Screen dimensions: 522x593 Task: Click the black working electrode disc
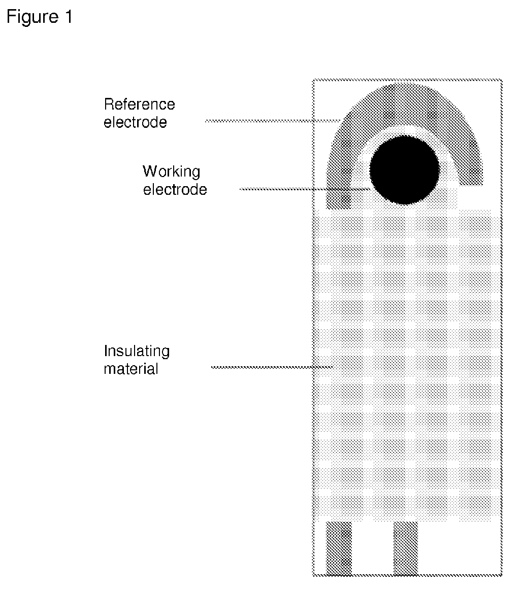(x=404, y=169)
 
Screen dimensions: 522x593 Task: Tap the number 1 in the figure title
(x=69, y=18)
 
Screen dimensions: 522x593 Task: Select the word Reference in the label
(x=139, y=104)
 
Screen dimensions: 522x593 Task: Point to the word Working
(x=171, y=171)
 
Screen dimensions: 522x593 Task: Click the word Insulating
(x=137, y=351)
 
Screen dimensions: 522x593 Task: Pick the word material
(x=131, y=369)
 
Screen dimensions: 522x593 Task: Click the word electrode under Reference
(x=135, y=122)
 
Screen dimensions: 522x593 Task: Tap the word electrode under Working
(x=175, y=190)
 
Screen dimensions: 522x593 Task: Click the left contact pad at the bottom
(x=338, y=548)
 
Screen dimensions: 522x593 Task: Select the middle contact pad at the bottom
(x=406, y=548)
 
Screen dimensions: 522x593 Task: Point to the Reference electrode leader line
(x=272, y=121)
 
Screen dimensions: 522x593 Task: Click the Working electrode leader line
(x=305, y=189)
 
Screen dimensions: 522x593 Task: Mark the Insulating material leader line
(x=272, y=367)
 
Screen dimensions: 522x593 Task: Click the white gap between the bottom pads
(x=372, y=548)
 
